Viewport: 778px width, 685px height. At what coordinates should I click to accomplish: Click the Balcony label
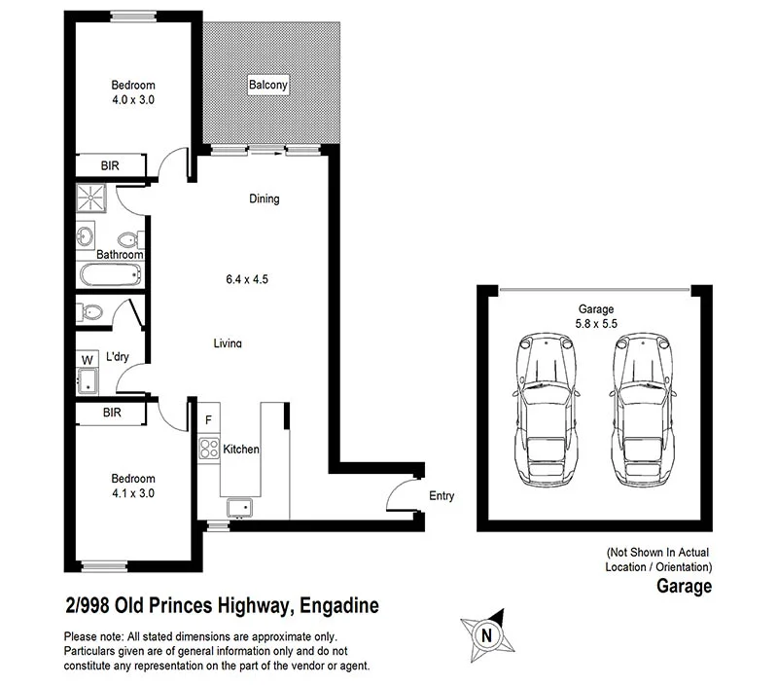click(267, 85)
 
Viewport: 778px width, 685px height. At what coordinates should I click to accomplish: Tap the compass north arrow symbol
click(484, 632)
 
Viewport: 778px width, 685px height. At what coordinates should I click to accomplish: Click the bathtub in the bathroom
click(110, 274)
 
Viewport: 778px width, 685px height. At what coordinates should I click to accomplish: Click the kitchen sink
click(238, 507)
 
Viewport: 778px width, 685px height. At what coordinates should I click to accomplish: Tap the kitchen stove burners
click(208, 449)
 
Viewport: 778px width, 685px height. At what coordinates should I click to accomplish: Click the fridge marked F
click(208, 420)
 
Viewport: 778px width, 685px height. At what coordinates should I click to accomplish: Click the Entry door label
click(442, 496)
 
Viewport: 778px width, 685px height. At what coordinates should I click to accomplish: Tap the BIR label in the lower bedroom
click(112, 414)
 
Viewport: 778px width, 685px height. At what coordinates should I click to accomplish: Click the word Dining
click(264, 199)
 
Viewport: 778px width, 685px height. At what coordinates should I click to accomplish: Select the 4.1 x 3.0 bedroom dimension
click(132, 493)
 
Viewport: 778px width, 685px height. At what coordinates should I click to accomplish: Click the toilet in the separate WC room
click(91, 312)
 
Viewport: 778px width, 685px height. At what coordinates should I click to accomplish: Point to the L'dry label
click(117, 357)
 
